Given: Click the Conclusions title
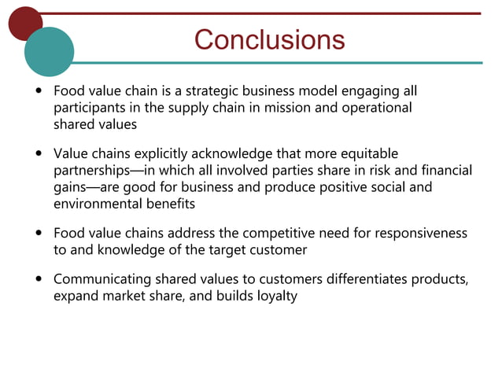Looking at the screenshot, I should (x=269, y=39).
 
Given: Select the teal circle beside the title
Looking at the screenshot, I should (x=49, y=51).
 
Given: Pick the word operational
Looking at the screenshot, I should (x=376, y=108).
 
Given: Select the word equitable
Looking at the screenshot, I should (x=371, y=153).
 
